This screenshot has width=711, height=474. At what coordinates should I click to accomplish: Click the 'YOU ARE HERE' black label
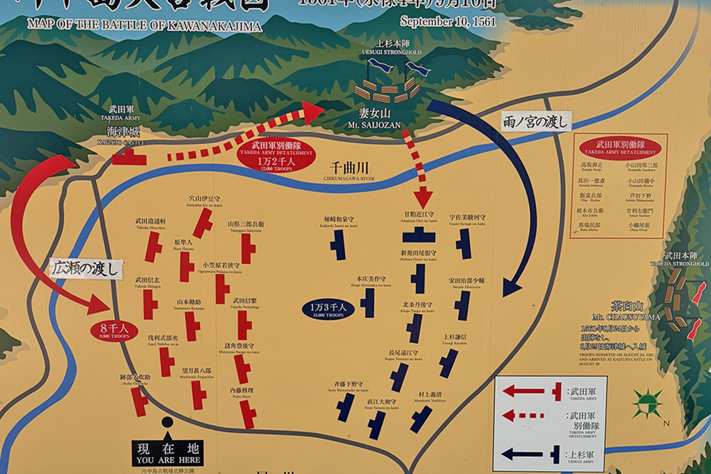coord(167,454)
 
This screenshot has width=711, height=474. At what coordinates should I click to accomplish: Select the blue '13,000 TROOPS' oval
coord(329,309)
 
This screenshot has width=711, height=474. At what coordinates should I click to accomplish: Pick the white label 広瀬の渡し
coord(86,269)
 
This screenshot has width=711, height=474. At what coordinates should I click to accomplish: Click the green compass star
coord(647,403)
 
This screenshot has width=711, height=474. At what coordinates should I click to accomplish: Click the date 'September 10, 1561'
coord(448,20)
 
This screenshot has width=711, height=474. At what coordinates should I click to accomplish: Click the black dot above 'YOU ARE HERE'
coord(167,422)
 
